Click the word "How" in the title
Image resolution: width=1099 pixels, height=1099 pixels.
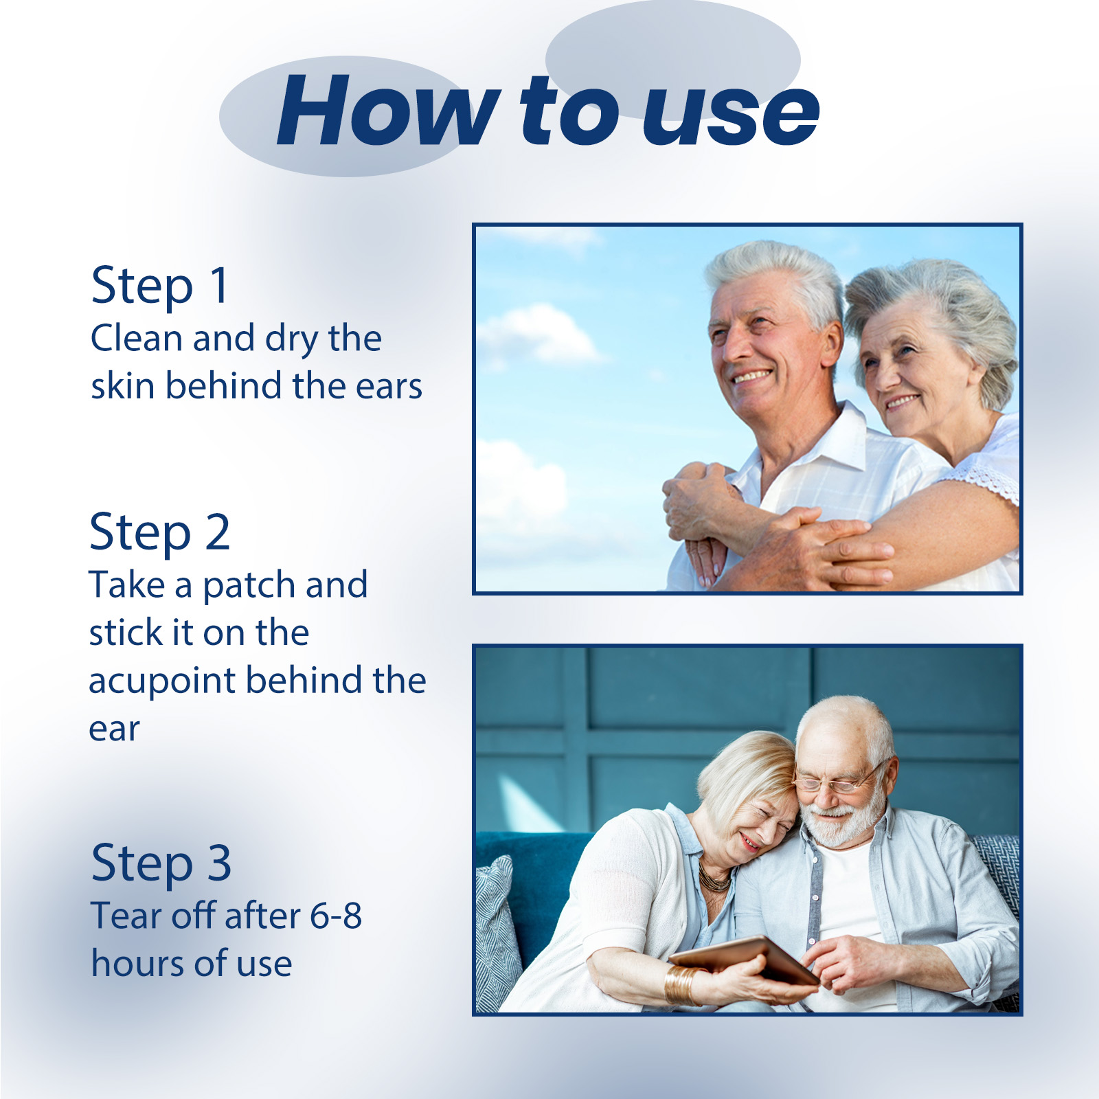point(388,111)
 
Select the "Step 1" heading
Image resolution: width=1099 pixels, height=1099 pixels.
point(159,286)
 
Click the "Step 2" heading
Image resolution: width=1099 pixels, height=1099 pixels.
point(159,532)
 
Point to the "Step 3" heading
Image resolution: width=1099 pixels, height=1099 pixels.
point(161,863)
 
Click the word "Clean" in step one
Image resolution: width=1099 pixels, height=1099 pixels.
point(137,339)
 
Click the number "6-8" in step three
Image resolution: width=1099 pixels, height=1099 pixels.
point(335,916)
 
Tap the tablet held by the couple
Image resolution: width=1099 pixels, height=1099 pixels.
point(745,960)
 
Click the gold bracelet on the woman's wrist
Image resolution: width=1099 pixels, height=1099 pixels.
point(682,985)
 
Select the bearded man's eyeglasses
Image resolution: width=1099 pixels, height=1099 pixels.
point(835,781)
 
